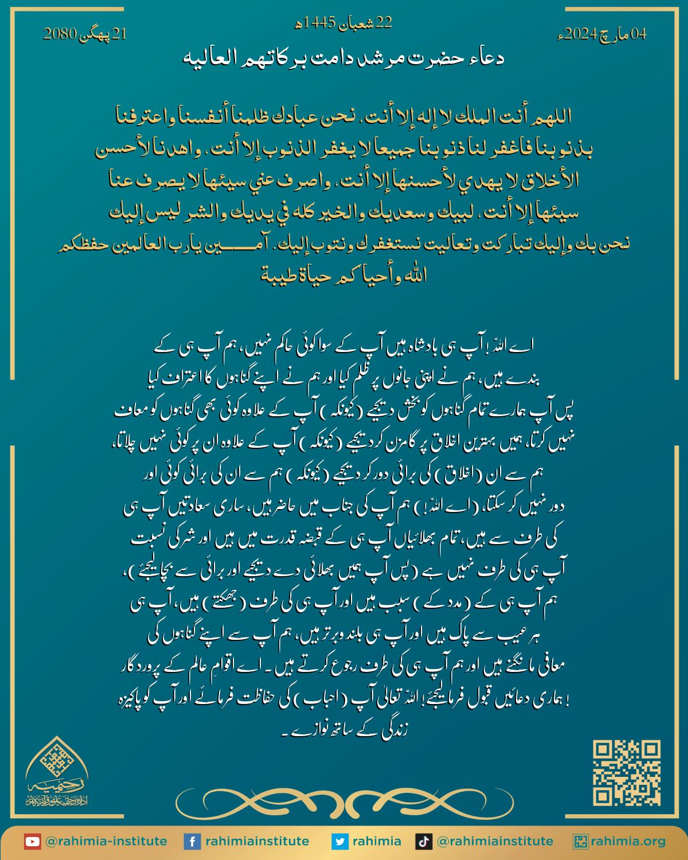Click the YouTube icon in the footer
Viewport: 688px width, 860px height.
pyautogui.click(x=32, y=842)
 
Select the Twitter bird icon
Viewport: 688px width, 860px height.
pyautogui.click(x=340, y=842)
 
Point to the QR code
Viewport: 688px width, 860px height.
pyautogui.click(x=627, y=772)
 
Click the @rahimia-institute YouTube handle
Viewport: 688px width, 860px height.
pyautogui.click(x=106, y=842)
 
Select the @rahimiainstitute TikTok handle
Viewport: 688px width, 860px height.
pyautogui.click(x=495, y=842)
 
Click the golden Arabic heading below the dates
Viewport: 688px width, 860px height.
pyautogui.click(x=342, y=58)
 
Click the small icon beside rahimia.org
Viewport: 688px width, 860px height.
pyautogui.click(x=582, y=842)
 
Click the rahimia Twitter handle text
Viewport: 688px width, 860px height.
pyautogui.click(x=377, y=842)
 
